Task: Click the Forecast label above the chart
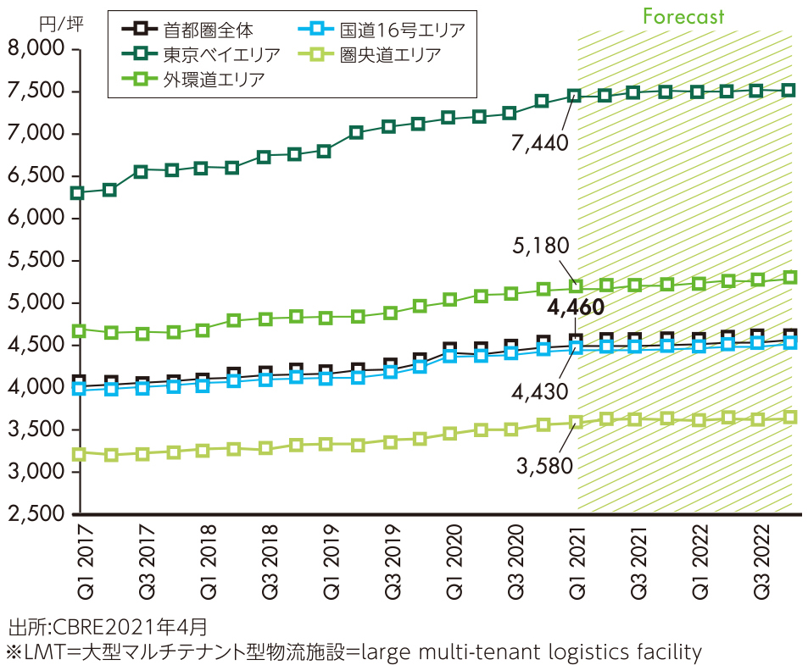pyautogui.click(x=683, y=16)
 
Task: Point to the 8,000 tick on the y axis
pyautogui.click(x=36, y=50)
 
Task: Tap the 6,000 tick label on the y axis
pyautogui.click(x=36, y=219)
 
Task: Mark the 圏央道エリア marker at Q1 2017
pyautogui.click(x=79, y=454)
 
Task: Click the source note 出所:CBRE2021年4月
pyautogui.click(x=106, y=628)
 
